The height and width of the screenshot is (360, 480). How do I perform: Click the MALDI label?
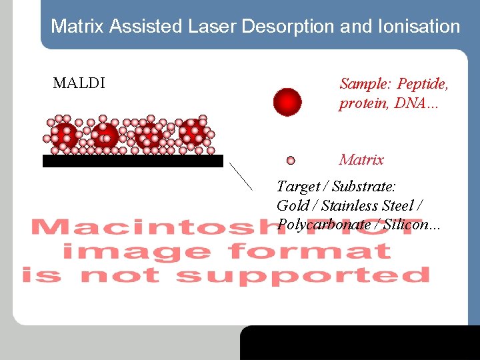(79, 84)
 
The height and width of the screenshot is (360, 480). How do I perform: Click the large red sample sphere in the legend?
(287, 103)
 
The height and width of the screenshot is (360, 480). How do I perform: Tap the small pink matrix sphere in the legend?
(291, 161)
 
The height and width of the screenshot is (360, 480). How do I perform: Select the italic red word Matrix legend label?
(361, 160)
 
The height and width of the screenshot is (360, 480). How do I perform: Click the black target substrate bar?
(133, 161)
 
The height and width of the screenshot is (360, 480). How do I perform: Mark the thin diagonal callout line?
(241, 176)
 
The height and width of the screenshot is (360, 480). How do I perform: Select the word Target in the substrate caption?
(297, 187)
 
